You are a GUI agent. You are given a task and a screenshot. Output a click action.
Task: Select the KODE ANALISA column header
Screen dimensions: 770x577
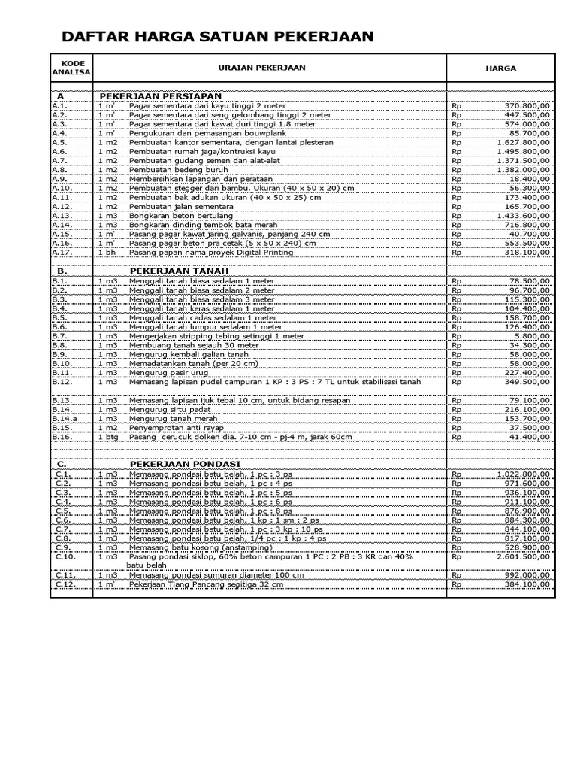point(71,68)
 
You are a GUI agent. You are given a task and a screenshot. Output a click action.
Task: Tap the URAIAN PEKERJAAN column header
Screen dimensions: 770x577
point(261,68)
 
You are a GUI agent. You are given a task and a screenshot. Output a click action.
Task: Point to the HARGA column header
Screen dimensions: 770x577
point(500,68)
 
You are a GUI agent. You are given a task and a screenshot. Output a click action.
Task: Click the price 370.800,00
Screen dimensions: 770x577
point(526,106)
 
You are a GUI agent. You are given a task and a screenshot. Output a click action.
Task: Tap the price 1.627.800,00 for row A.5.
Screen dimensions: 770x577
point(522,142)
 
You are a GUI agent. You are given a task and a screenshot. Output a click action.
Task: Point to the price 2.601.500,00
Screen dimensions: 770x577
point(522,556)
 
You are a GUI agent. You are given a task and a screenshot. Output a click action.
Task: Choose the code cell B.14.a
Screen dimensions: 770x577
point(65,418)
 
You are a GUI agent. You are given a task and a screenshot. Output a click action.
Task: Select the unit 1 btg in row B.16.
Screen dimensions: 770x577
point(108,436)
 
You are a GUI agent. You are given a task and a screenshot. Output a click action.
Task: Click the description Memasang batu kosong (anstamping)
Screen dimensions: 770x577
point(199,547)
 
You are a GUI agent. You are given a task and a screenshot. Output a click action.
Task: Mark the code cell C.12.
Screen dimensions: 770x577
point(65,584)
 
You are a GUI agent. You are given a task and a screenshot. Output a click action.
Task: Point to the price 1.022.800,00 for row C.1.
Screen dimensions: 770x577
point(522,474)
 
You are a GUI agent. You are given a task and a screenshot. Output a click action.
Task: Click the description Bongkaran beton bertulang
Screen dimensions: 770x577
point(181,215)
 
